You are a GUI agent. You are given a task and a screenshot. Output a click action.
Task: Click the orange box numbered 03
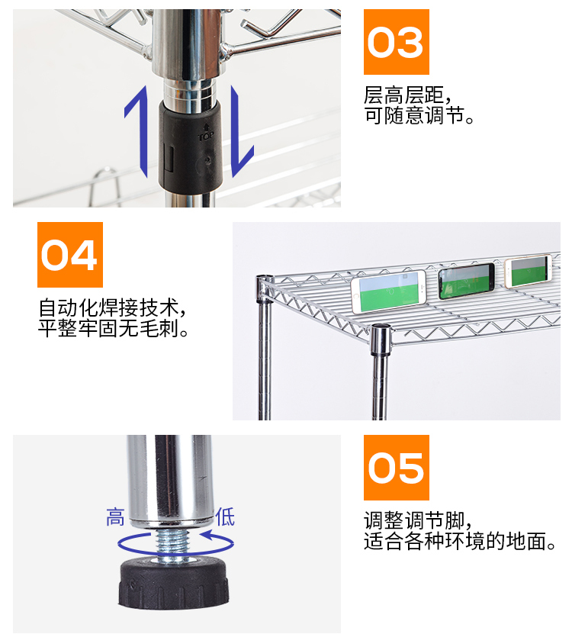(x=396, y=42)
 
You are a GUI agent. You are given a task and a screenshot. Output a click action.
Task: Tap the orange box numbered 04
(x=69, y=255)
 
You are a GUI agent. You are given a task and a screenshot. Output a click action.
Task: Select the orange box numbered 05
(x=396, y=468)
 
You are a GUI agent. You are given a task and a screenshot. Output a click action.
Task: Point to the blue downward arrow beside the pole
(x=243, y=130)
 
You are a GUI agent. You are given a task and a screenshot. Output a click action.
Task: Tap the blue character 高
(x=115, y=518)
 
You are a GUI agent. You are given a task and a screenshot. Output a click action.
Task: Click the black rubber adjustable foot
(x=174, y=584)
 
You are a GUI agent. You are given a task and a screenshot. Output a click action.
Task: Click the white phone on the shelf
(x=387, y=291)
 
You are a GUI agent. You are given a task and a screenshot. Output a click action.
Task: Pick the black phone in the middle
(x=466, y=280)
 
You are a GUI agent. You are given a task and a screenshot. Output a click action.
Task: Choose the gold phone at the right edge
(x=528, y=271)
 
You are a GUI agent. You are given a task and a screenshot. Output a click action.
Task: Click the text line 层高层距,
(x=409, y=96)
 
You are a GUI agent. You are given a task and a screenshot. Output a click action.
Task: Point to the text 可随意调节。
(x=419, y=117)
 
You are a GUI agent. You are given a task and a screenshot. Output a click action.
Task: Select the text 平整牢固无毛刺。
(x=114, y=330)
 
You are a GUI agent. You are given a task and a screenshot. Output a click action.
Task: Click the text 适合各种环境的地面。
(x=461, y=542)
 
